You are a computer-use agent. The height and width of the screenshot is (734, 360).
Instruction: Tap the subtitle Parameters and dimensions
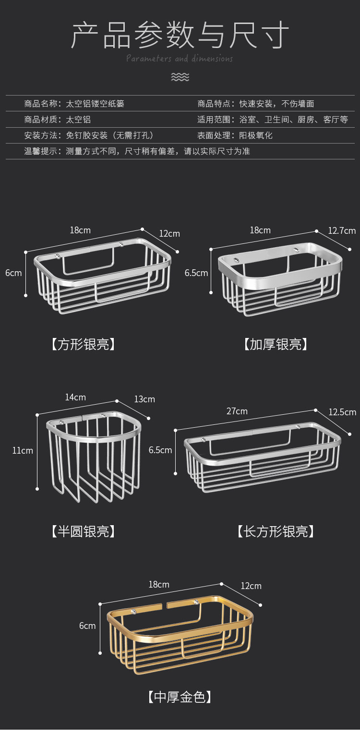coord(180,59)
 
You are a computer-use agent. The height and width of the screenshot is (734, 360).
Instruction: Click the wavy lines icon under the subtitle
coord(180,77)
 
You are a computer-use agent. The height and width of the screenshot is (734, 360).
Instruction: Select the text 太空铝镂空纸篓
coord(95,103)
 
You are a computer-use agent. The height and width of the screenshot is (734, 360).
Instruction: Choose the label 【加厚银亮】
coord(276,344)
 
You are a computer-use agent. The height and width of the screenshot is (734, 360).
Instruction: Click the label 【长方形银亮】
coord(276,531)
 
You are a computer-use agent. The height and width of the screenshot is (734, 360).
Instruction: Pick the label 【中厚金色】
coord(180,697)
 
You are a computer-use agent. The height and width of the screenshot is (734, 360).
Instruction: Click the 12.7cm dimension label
coord(342,230)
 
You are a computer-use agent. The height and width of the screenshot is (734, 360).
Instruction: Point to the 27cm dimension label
coord(237,411)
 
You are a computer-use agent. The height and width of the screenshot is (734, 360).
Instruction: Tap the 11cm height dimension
coord(23,450)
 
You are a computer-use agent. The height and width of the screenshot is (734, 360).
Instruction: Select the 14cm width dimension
coord(75,397)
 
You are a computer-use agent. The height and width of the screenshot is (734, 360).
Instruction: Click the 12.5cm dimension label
coord(342,412)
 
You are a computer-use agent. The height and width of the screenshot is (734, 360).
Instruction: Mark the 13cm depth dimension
coord(144,399)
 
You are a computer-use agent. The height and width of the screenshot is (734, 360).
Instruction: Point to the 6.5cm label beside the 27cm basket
coord(160,450)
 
